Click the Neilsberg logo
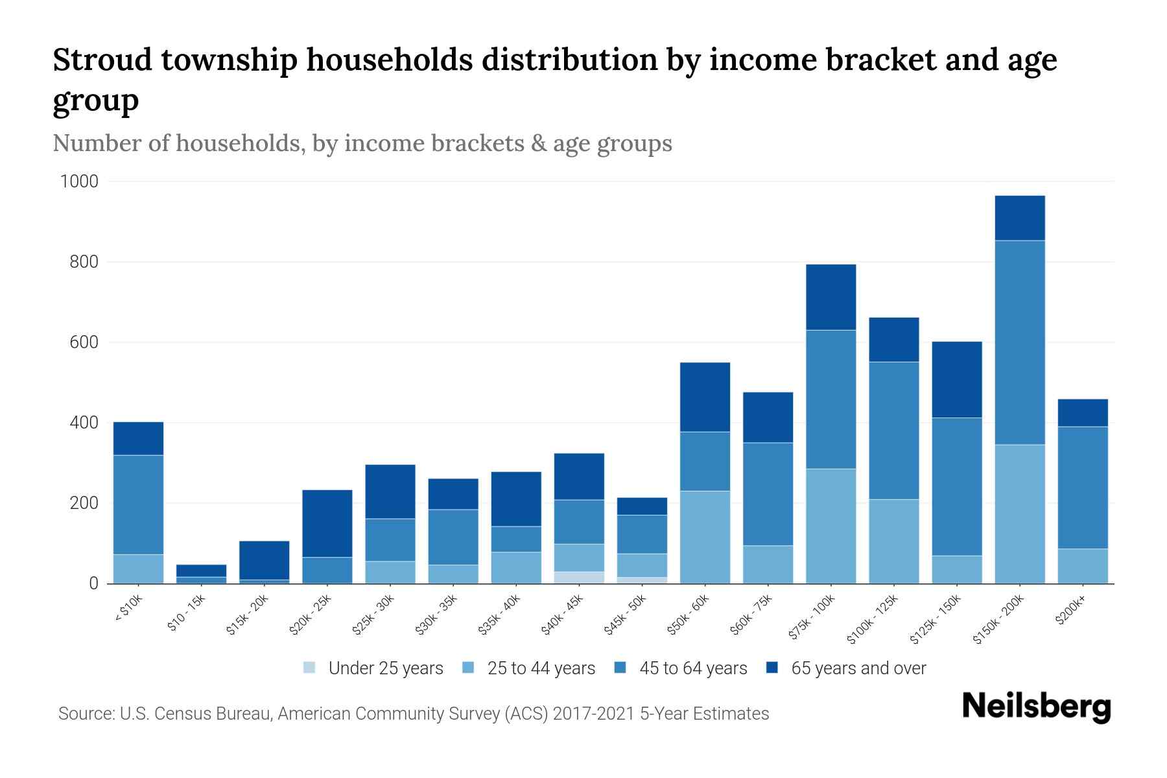pyautogui.click(x=1036, y=707)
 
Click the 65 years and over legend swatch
pyautogui.click(x=772, y=668)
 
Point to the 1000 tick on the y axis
pyautogui.click(x=79, y=182)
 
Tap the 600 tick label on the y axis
pyautogui.click(x=83, y=342)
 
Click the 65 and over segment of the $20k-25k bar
pyautogui.click(x=327, y=523)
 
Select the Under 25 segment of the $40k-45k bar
pyautogui.click(x=579, y=577)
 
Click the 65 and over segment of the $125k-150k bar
pyautogui.click(x=956, y=379)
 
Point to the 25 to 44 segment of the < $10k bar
pyautogui.click(x=138, y=569)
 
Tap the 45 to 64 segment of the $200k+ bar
pyautogui.click(x=1082, y=488)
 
